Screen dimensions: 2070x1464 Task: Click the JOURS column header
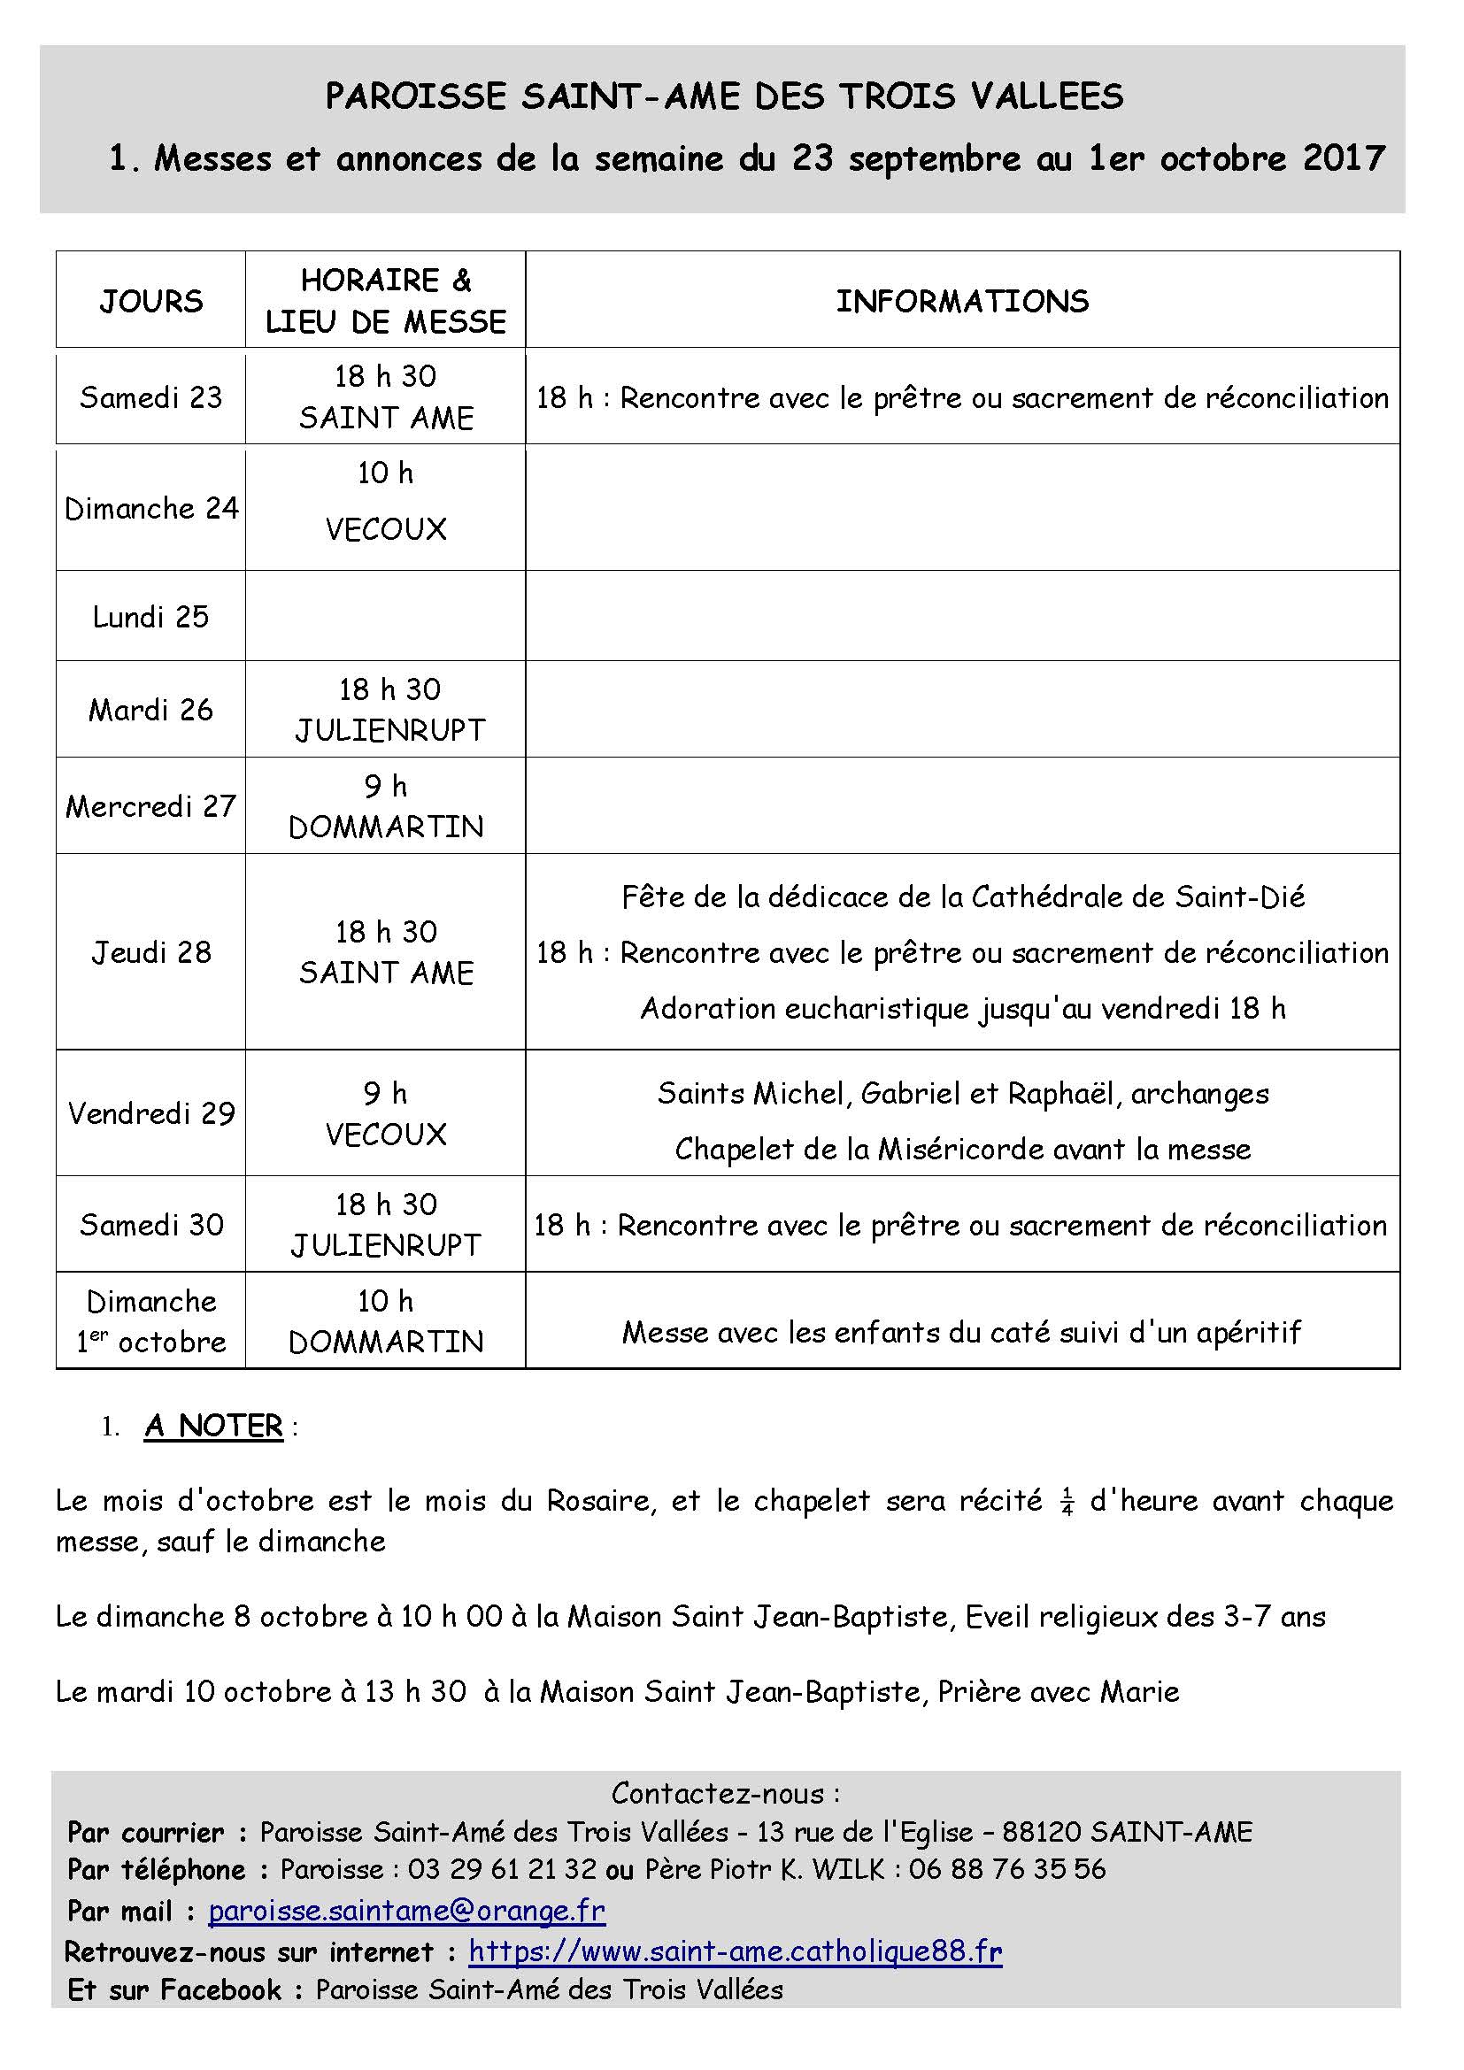pyautogui.click(x=150, y=300)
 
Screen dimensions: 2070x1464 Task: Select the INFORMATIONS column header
pyautogui.click(x=962, y=300)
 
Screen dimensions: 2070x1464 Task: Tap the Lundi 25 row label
pyautogui.click(x=150, y=617)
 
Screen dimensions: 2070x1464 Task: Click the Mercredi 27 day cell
pyautogui.click(x=150, y=805)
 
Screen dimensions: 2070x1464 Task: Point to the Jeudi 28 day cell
pyautogui.click(x=150, y=952)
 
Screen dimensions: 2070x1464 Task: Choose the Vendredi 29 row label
pyautogui.click(x=150, y=1113)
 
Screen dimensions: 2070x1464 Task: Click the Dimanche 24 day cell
pyautogui.click(x=150, y=509)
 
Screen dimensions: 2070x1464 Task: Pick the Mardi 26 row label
pyautogui.click(x=150, y=710)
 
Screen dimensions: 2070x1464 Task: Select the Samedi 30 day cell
pyautogui.click(x=150, y=1224)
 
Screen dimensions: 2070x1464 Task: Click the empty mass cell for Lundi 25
pyautogui.click(x=385, y=617)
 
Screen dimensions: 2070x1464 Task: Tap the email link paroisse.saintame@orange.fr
pyautogui.click(x=406, y=1911)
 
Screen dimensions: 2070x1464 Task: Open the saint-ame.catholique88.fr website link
pyautogui.click(x=735, y=1952)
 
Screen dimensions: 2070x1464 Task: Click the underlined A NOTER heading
pyautogui.click(x=213, y=1426)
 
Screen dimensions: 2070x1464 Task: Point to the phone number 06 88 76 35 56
pyautogui.click(x=1007, y=1869)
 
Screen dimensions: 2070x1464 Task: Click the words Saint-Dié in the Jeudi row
pyautogui.click(x=1239, y=896)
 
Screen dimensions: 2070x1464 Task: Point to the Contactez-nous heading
pyautogui.click(x=726, y=1793)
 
